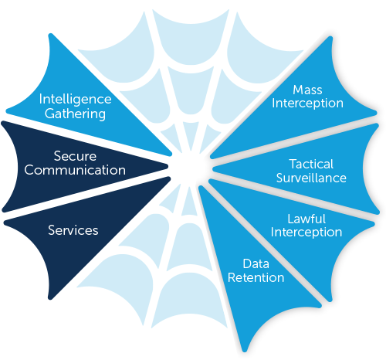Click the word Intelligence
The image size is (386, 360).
(x=75, y=99)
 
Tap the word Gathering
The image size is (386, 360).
(x=75, y=114)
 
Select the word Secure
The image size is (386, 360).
(x=75, y=156)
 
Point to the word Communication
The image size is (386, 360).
(x=75, y=170)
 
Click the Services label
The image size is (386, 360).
(x=73, y=230)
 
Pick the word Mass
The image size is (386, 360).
(x=307, y=90)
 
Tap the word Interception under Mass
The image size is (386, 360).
(x=307, y=104)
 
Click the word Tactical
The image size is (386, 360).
(x=311, y=164)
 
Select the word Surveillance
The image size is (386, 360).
(x=311, y=178)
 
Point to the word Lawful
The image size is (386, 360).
(x=306, y=219)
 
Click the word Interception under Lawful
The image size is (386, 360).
(x=306, y=233)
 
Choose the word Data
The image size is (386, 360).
(x=256, y=263)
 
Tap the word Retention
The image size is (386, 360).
(x=256, y=277)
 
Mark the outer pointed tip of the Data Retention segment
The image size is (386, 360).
(x=245, y=350)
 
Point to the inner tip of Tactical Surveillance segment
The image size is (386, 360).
(x=215, y=169)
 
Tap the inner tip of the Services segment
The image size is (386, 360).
(x=168, y=178)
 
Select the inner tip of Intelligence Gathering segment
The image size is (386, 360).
(x=170, y=154)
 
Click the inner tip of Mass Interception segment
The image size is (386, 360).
(x=212, y=156)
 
